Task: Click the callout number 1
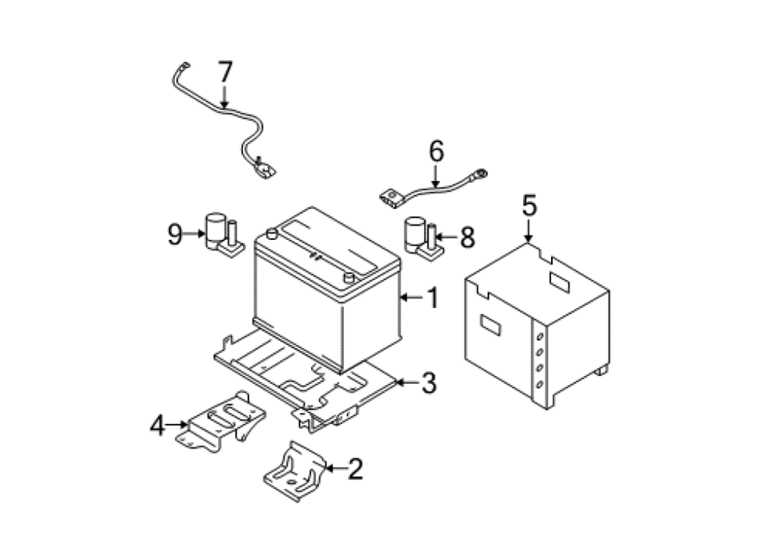[x=433, y=297]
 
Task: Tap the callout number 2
[x=355, y=468]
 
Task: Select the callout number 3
[x=429, y=383]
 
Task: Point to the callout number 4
[x=157, y=426]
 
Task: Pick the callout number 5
[x=529, y=206]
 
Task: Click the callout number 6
[x=436, y=151]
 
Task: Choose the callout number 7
[x=225, y=72]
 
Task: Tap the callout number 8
[x=468, y=237]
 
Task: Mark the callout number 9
[x=175, y=234]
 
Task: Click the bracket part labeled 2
[x=295, y=471]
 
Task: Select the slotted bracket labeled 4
[x=221, y=422]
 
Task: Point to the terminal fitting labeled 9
[x=224, y=236]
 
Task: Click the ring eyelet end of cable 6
[x=481, y=173]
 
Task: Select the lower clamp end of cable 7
[x=263, y=169]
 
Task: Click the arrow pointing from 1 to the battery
[x=411, y=297]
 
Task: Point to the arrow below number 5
[x=529, y=231]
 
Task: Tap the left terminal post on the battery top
[x=273, y=234]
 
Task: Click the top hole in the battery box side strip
[x=540, y=337]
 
